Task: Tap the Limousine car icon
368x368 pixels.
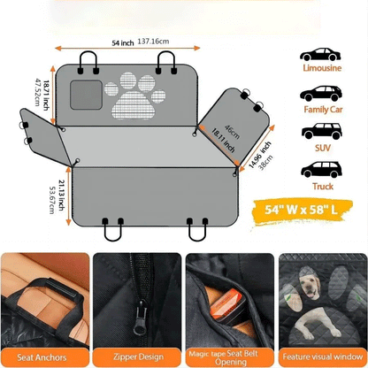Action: coord(318,50)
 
